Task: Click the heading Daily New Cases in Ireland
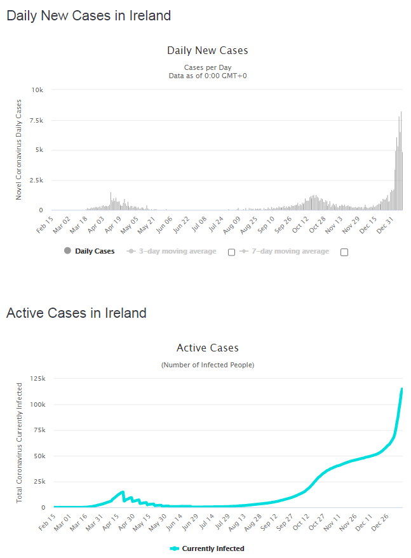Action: [88, 16]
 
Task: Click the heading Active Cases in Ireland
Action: [76, 313]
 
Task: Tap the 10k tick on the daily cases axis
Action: [37, 90]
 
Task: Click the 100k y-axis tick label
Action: [37, 405]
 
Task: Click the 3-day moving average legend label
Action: [172, 251]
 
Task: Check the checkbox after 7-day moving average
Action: [344, 252]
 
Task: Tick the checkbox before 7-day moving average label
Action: [231, 252]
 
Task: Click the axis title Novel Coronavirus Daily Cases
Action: [19, 149]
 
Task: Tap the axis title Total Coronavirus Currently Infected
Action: [19, 443]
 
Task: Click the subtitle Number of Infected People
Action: [207, 365]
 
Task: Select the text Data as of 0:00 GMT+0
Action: [207, 76]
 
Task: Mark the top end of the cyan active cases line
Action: [402, 388]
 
